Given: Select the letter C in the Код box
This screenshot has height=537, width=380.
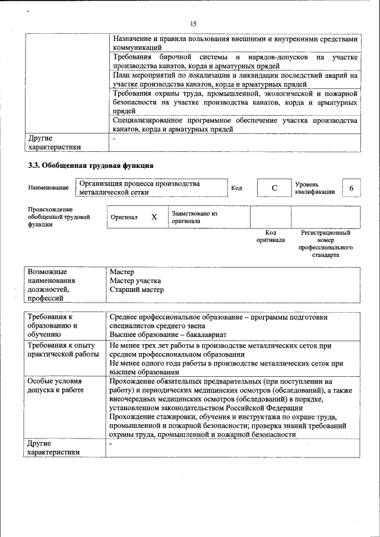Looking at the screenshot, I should (x=274, y=188).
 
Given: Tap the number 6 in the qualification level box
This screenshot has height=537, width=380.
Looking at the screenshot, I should (x=351, y=188).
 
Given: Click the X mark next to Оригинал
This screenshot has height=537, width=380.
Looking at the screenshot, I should (x=154, y=217).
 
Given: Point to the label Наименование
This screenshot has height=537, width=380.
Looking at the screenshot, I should (x=48, y=188).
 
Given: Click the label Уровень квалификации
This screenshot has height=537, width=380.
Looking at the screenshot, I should (x=315, y=188).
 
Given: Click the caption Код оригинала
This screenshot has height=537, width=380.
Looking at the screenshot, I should (x=271, y=237).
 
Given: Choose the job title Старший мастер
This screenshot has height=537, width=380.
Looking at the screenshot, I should (x=137, y=290).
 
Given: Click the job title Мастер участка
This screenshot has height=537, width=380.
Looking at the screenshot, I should (x=135, y=281).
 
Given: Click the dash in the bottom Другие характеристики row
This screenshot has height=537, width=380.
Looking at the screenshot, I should (x=110, y=443).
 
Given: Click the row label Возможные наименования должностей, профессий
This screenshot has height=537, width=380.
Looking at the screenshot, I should (x=52, y=285).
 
